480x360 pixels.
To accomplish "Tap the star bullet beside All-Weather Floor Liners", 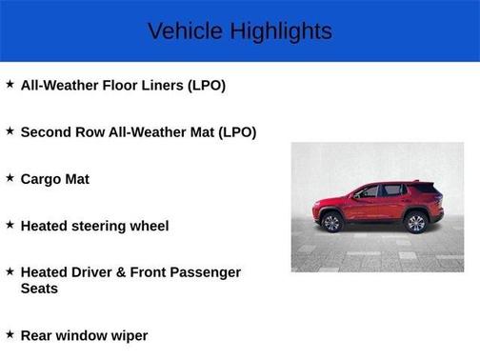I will [x=10, y=84].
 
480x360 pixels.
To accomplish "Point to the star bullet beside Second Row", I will [x=10, y=131].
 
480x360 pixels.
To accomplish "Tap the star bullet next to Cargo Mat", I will [x=10, y=177].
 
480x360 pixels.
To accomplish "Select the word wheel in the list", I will [x=150, y=226].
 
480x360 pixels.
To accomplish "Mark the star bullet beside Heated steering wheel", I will [x=10, y=225].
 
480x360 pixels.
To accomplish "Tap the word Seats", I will [x=39, y=289].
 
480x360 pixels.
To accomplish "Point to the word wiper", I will [x=128, y=335].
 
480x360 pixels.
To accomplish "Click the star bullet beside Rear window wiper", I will [x=10, y=333].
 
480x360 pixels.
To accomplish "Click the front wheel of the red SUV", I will [x=331, y=223].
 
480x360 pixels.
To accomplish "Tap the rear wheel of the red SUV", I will [x=415, y=223].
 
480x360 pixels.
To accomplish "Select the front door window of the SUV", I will [x=369, y=192].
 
